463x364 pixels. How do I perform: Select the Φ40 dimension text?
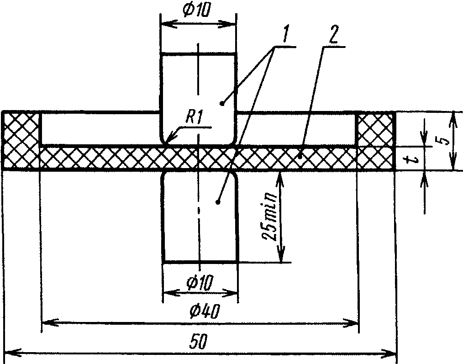point(205,311)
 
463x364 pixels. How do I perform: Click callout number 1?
point(284,35)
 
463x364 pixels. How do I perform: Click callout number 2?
point(332,35)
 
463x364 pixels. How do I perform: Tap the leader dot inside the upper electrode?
point(222,103)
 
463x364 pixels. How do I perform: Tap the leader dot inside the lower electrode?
point(218,202)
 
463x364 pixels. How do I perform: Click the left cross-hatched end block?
point(21,141)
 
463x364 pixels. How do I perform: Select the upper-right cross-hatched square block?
point(376,129)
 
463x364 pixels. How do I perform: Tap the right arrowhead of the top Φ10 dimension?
point(227,24)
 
